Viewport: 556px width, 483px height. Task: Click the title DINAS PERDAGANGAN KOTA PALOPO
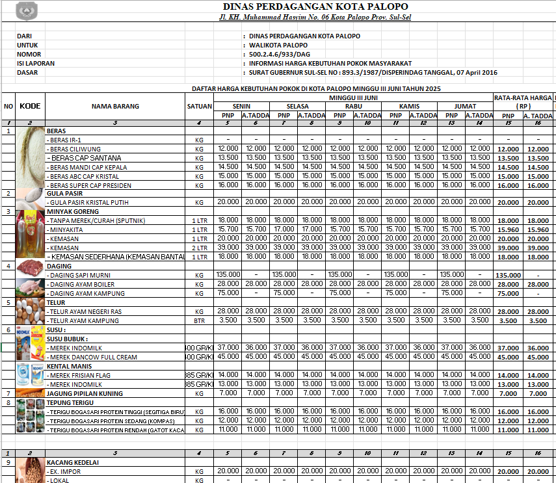coord(315,7)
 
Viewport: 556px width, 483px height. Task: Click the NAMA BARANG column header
coord(115,106)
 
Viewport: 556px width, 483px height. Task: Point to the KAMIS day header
coord(408,106)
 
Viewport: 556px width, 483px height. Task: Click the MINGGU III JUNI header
coord(353,97)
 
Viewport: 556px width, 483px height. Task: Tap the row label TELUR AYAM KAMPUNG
coord(84,320)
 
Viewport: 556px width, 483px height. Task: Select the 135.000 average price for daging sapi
coord(508,275)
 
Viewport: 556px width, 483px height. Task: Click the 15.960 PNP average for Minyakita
coord(508,229)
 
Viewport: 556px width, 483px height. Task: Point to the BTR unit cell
coord(200,320)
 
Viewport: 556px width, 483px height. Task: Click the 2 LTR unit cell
coord(200,248)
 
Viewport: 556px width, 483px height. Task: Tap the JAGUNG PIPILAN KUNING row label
coord(85,393)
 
